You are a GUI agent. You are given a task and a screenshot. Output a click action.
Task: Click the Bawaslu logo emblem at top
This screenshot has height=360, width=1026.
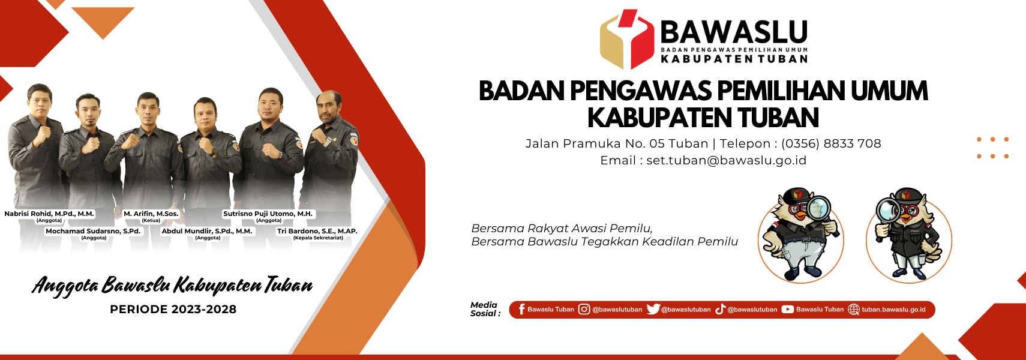(627, 40)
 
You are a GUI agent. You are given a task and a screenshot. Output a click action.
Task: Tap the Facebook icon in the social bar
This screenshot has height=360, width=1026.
(521, 310)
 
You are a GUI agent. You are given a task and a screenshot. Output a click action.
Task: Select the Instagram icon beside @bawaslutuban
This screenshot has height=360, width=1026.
(584, 310)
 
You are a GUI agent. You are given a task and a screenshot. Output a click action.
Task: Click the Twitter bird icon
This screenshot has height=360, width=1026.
(653, 310)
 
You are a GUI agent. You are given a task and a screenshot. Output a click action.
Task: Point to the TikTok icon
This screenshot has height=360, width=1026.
(721, 310)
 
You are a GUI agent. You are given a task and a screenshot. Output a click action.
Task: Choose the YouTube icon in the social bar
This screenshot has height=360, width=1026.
(788, 310)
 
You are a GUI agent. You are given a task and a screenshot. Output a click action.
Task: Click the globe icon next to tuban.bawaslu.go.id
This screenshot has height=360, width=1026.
(854, 310)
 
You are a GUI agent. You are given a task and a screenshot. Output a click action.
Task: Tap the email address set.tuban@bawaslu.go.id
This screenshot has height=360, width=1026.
(726, 161)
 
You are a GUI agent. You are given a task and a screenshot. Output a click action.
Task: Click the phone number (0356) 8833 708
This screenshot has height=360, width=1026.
(831, 144)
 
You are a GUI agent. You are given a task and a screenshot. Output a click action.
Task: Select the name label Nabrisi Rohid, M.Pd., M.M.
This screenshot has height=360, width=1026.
(49, 214)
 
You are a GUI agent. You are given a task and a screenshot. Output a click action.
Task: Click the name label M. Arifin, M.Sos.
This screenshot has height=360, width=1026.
(151, 214)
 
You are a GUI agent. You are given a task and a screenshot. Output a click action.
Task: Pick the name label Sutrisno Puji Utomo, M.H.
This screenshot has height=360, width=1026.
(268, 214)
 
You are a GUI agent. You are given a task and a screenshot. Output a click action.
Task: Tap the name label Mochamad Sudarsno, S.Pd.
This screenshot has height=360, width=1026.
(93, 231)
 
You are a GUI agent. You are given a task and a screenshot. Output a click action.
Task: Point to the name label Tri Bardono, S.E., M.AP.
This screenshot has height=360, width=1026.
(317, 231)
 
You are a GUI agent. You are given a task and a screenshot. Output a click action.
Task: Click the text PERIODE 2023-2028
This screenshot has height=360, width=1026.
(173, 310)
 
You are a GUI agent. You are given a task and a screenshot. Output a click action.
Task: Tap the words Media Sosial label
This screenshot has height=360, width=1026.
(485, 309)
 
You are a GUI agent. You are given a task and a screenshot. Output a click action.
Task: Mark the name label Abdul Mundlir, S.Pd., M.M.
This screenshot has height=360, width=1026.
(206, 231)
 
